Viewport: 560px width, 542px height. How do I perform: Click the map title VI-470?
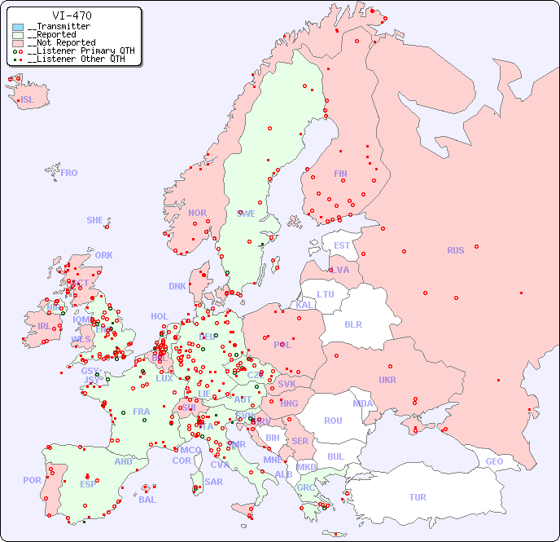(72, 15)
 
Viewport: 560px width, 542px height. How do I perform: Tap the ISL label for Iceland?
(28, 100)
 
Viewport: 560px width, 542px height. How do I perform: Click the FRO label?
(69, 173)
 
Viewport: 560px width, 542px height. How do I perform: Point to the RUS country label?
(455, 250)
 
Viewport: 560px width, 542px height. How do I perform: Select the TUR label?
(418, 497)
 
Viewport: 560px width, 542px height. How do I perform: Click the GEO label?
(494, 461)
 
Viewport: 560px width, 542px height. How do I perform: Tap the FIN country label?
(340, 174)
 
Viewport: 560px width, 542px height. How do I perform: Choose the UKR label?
(387, 380)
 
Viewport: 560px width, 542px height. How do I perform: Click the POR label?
(32, 480)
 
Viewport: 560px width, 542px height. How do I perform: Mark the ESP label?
(88, 483)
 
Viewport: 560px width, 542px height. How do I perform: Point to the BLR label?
(352, 324)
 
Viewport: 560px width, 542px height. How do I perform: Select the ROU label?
(333, 421)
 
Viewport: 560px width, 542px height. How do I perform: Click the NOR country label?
(197, 213)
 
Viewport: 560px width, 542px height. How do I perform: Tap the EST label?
(342, 245)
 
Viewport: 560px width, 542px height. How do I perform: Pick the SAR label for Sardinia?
(213, 482)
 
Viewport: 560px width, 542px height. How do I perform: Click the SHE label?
(95, 220)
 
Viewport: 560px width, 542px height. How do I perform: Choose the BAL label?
(147, 500)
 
